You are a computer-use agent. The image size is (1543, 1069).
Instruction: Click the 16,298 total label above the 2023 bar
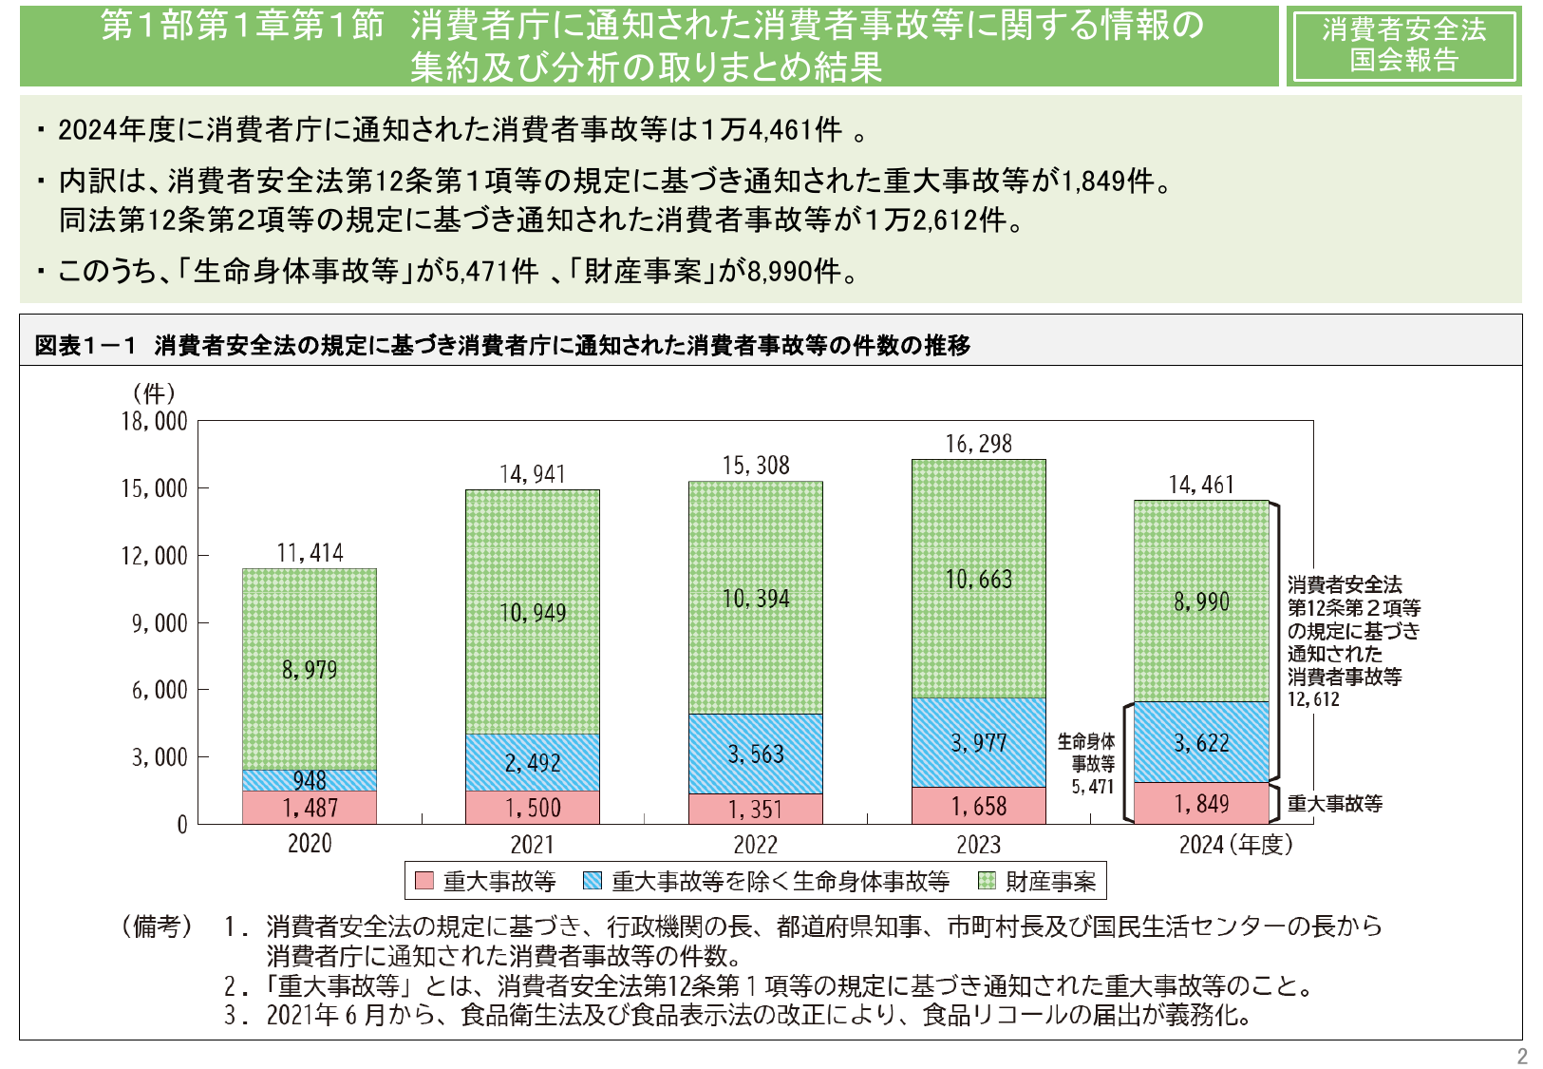click(978, 444)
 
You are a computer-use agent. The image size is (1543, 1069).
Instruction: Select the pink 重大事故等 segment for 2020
click(310, 808)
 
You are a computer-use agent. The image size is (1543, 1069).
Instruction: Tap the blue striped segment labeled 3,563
click(755, 754)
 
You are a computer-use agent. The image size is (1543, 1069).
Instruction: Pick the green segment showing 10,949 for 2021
click(532, 612)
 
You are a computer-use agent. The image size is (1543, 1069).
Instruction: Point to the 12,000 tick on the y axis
click(154, 556)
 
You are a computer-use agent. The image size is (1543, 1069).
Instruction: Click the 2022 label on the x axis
click(755, 845)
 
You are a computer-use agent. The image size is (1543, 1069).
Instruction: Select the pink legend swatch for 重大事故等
click(424, 881)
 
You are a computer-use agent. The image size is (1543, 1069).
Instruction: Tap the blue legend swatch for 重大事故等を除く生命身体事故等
click(593, 881)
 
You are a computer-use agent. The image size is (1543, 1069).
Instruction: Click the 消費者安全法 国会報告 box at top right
click(1403, 45)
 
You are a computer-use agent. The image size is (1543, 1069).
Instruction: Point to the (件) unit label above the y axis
click(154, 392)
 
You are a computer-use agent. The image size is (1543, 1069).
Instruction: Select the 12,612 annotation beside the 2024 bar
click(1313, 699)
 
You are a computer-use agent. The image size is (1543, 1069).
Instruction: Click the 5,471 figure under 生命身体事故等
click(1092, 787)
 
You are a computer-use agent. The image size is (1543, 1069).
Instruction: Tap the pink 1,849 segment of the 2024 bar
click(1201, 804)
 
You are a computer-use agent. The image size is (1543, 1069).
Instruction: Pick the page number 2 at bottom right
click(1521, 1056)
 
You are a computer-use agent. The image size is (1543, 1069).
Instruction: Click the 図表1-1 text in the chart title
click(85, 345)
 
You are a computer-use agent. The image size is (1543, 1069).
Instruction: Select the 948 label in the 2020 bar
click(310, 780)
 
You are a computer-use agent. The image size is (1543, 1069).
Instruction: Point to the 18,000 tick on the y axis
click(154, 421)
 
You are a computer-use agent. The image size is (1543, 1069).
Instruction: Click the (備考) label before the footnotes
click(156, 926)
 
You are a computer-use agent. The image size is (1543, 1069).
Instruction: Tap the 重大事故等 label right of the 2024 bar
click(1334, 804)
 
